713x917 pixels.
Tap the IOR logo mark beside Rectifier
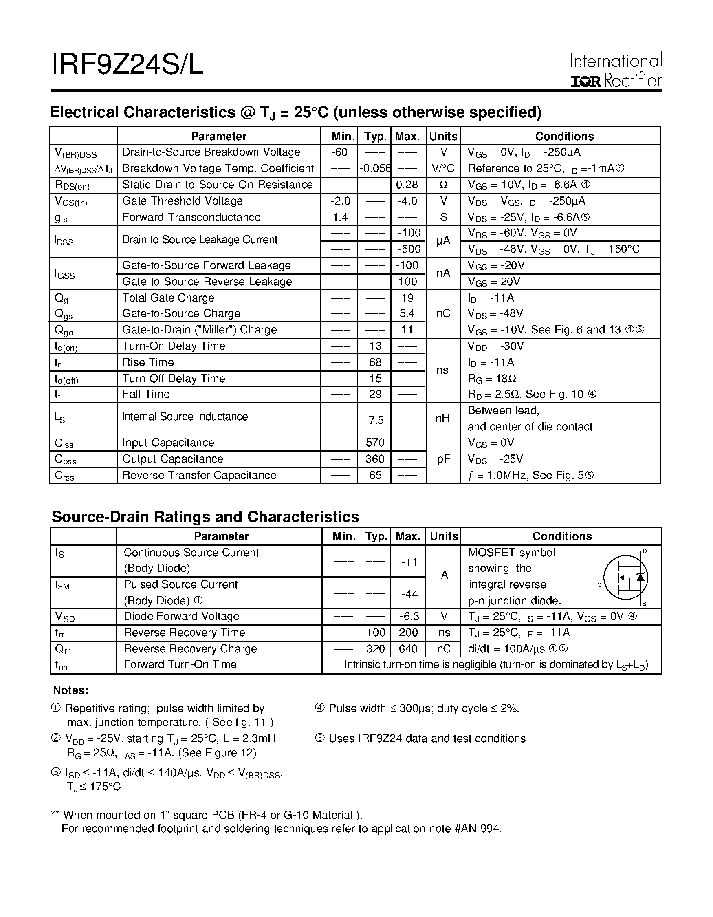pos(585,82)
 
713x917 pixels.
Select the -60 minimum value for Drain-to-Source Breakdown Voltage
pos(339,152)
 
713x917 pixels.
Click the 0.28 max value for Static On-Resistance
pos(407,185)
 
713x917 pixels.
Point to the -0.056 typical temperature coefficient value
pos(375,168)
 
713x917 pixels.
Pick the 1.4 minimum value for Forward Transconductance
pos(340,217)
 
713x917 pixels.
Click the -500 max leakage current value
pos(409,249)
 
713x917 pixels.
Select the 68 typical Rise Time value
pos(375,362)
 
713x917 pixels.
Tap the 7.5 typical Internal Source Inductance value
pos(376,420)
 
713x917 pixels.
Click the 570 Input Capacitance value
pos(375,443)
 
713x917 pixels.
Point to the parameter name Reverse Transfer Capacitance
pos(199,475)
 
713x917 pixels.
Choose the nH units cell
pos(443,418)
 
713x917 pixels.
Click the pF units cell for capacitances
pos(443,459)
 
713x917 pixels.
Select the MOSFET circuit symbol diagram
pos(625,578)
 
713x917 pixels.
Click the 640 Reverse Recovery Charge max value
pos(408,649)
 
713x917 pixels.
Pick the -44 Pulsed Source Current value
pos(409,594)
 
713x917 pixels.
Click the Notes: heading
pos(70,690)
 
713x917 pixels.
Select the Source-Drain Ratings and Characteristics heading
pos(205,517)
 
